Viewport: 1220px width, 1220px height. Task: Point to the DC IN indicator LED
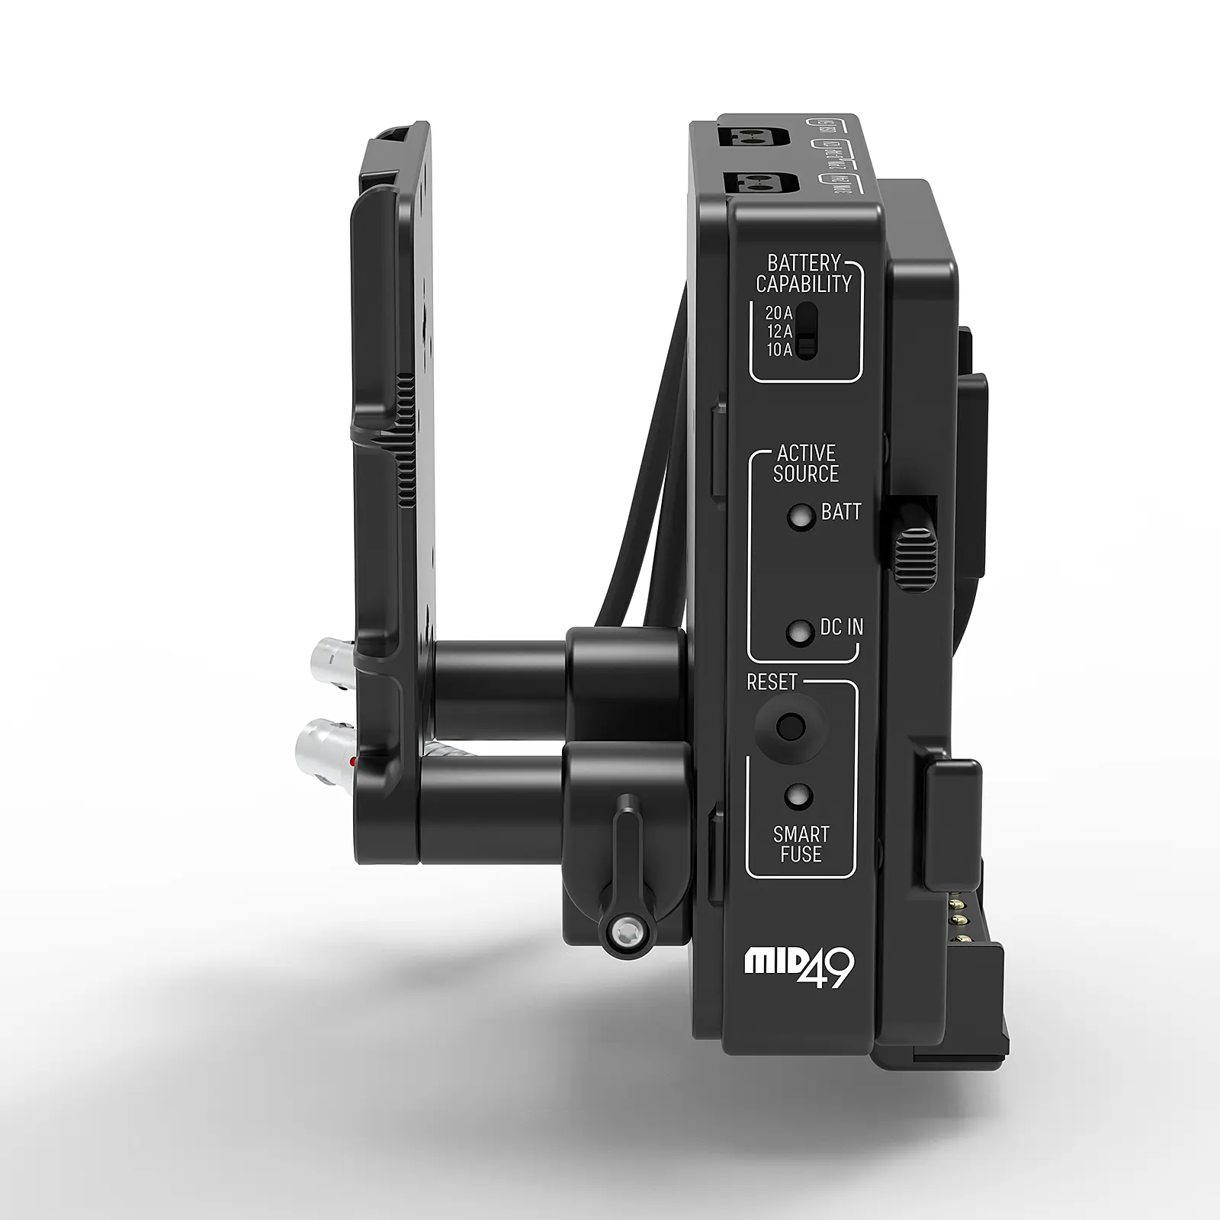[799, 631]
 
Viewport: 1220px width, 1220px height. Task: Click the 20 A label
[779, 313]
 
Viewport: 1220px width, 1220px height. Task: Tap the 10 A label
[779, 351]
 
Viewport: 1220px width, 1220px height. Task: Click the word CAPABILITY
[804, 284]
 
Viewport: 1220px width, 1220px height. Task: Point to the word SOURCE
[805, 474]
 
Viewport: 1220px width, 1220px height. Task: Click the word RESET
[772, 682]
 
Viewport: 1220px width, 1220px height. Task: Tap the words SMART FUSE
[801, 844]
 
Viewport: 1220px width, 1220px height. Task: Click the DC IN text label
[842, 628]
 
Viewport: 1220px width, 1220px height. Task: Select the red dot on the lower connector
[352, 762]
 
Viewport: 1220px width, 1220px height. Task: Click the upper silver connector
[329, 655]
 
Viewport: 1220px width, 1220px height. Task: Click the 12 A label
[779, 332]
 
